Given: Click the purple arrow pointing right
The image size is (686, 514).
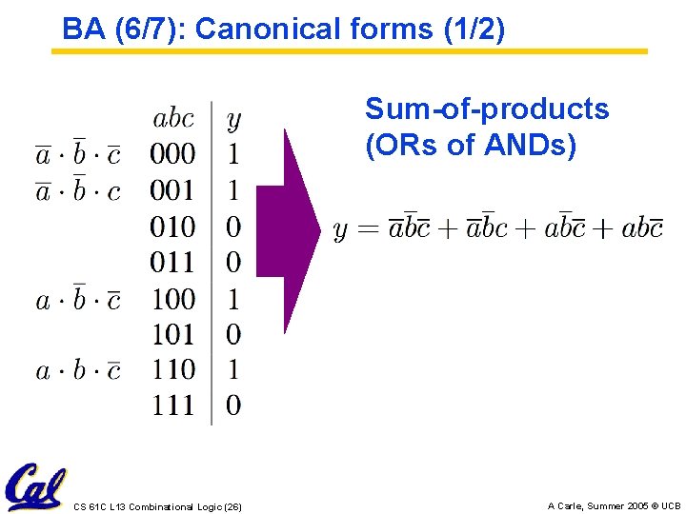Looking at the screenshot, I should (291, 228).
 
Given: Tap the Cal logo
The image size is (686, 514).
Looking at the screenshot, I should (34, 486).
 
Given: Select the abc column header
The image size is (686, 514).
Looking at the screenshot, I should (172, 119).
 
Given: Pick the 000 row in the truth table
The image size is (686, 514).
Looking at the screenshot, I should (172, 154).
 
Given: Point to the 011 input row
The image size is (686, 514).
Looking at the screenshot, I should (172, 262).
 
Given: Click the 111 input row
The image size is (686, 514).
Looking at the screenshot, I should (172, 405).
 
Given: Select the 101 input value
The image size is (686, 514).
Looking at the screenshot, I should (172, 334).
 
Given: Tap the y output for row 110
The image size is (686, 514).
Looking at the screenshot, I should (233, 369).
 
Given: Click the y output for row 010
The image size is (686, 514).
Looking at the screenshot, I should (233, 227).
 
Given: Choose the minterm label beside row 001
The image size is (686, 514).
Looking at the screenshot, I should (78, 189).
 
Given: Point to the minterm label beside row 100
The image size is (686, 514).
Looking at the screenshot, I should (78, 299).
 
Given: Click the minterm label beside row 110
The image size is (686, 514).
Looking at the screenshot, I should (78, 369).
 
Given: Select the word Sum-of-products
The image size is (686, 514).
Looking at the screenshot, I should (487, 109).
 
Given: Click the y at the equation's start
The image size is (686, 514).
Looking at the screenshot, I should (340, 231).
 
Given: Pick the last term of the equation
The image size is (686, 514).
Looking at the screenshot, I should (641, 228).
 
